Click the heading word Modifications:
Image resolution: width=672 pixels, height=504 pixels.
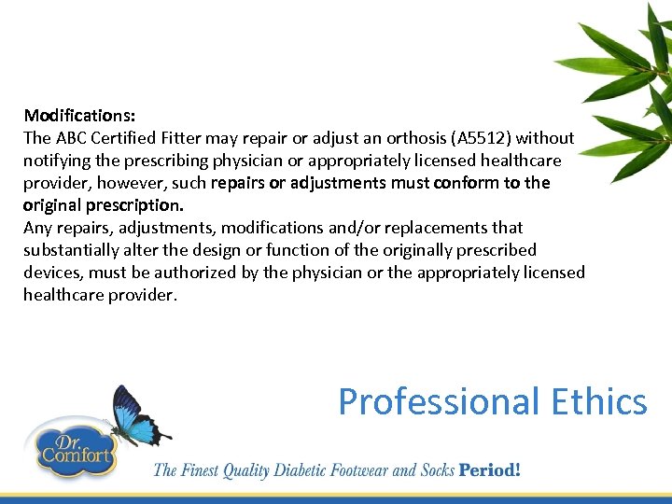click(x=79, y=116)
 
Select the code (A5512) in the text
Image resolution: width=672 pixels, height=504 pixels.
click(x=481, y=138)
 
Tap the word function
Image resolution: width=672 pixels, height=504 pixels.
click(x=277, y=250)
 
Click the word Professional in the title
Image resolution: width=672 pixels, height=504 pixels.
click(x=439, y=402)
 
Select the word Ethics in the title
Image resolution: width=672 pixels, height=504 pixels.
click(x=598, y=402)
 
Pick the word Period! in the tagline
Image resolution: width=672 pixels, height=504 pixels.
click(x=489, y=469)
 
